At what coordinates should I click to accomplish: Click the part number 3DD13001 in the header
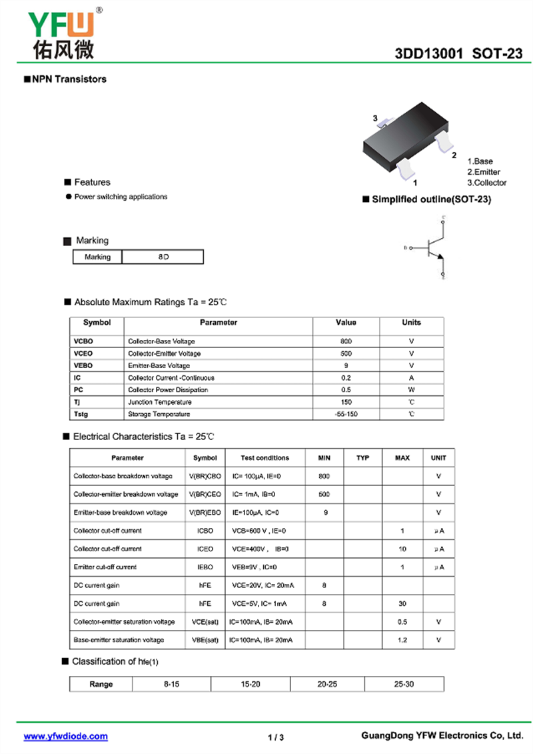tap(429, 54)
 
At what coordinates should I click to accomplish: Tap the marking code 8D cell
tap(163, 257)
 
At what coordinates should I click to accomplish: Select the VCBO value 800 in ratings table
tap(346, 341)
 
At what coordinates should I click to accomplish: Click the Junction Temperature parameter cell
tap(160, 402)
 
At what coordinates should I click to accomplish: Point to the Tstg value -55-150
tap(346, 414)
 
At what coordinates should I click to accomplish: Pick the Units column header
tap(411, 323)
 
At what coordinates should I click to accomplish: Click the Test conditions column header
tap(265, 458)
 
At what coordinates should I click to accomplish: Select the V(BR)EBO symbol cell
tap(205, 513)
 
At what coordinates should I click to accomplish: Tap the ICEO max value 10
tap(402, 549)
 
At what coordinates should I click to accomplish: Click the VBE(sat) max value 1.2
tap(402, 640)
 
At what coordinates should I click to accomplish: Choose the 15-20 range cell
tap(251, 684)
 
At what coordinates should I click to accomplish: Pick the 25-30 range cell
tap(404, 684)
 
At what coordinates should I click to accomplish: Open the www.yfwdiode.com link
tap(65, 737)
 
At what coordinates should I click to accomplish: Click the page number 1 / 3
tap(276, 737)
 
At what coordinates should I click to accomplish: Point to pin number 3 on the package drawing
tap(375, 119)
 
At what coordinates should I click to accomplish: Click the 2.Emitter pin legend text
tap(483, 172)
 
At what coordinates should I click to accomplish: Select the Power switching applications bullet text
tap(121, 197)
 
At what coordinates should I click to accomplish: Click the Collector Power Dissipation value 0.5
tap(346, 390)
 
